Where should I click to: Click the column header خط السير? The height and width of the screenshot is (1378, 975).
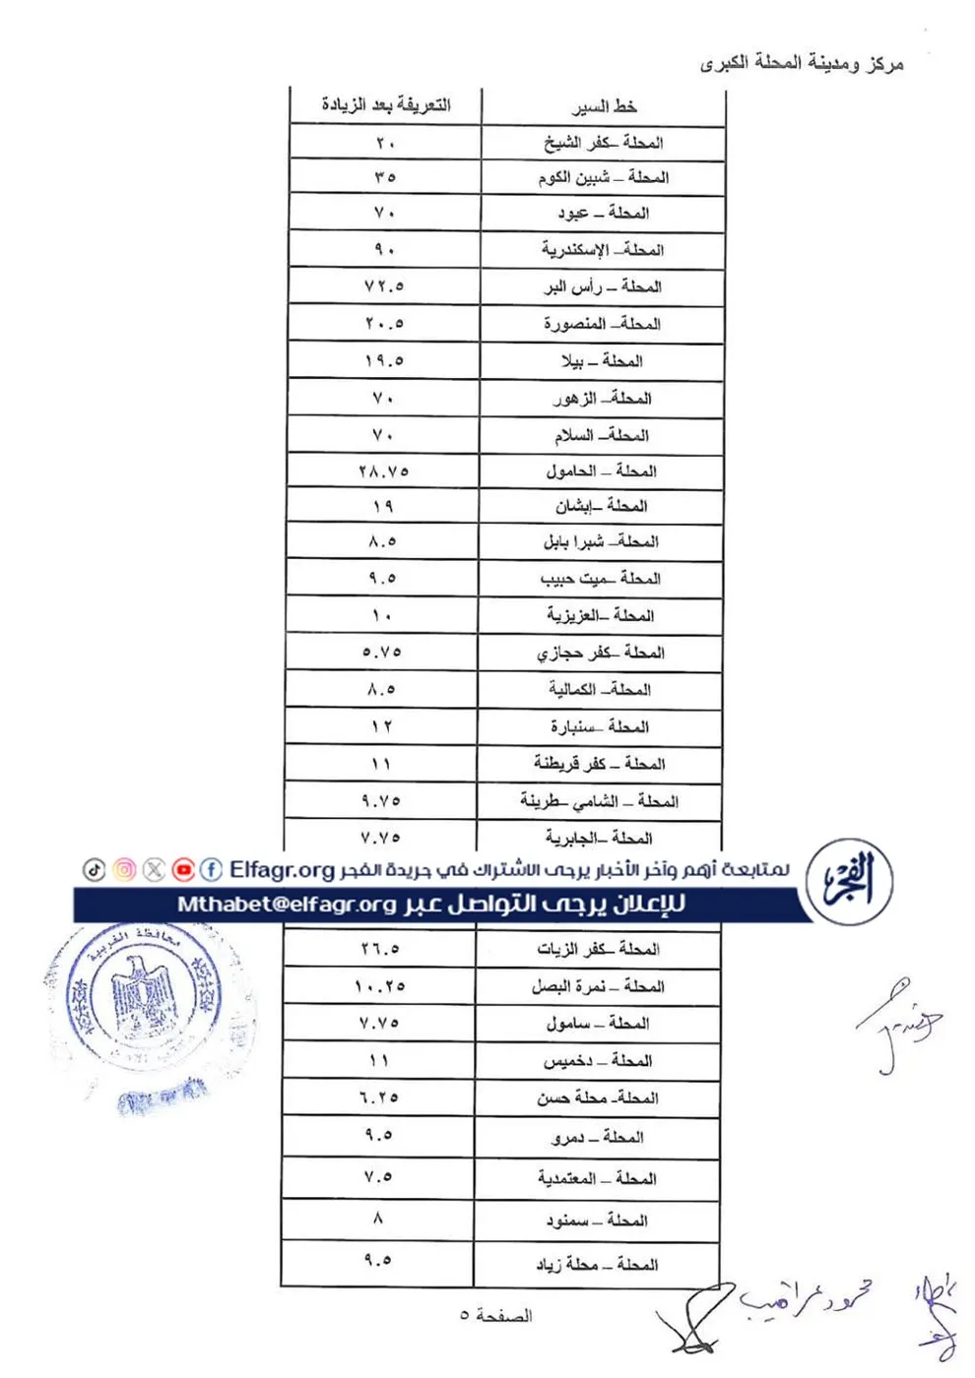coord(604,106)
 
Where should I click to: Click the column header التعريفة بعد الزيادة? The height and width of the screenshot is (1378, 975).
coord(385,105)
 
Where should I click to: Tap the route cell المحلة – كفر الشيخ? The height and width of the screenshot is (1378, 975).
coord(603,143)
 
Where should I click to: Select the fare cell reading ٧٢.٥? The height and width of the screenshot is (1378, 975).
coord(384,286)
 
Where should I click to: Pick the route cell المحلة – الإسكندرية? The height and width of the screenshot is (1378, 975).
coord(602,250)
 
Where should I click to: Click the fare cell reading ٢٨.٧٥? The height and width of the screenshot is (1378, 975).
coord(383,471)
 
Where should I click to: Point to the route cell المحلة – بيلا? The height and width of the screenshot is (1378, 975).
coord(601,361)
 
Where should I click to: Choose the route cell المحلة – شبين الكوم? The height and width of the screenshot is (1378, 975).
coord(603,178)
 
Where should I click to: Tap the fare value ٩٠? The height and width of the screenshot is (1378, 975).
coord(384,250)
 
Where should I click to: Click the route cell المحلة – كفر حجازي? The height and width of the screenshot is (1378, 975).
coord(600,653)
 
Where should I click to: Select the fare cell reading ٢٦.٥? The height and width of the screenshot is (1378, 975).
coord(380,949)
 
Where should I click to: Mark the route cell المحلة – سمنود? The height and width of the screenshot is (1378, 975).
coord(597,1221)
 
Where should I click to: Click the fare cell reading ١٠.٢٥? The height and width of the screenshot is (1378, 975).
coord(380,986)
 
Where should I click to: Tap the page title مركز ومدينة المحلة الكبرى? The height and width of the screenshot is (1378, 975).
coord(802,64)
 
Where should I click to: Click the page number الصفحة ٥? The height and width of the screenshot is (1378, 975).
coord(495,1316)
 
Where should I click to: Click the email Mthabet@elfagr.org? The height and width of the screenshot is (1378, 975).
coord(287,905)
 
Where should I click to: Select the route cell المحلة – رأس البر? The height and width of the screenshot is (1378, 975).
coord(602,287)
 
